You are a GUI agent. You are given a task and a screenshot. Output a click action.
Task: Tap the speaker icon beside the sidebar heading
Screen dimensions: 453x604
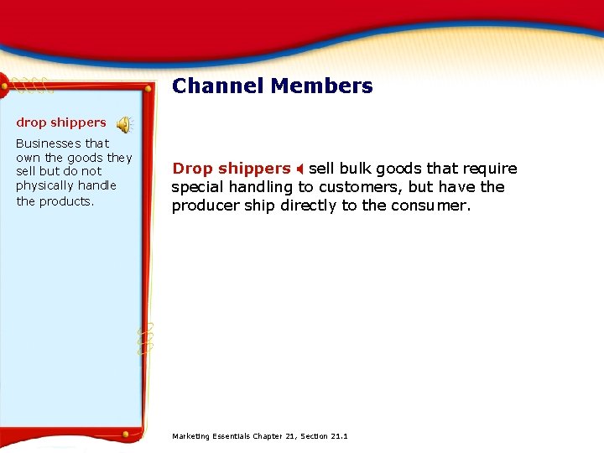pyautogui.click(x=124, y=125)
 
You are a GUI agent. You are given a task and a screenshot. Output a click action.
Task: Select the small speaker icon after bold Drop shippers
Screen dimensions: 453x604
pyautogui.click(x=299, y=169)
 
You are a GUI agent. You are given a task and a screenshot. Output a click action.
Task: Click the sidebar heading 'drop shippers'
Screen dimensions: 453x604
pyautogui.click(x=61, y=122)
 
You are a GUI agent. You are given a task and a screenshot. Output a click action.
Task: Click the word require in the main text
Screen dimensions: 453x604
pyautogui.click(x=491, y=169)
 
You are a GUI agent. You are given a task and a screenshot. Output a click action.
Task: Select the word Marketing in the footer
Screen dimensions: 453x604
pyautogui.click(x=190, y=436)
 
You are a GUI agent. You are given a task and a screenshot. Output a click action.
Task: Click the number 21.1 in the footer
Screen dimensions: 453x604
pyautogui.click(x=340, y=436)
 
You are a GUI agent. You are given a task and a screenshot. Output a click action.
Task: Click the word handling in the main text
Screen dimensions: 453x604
pyautogui.click(x=263, y=187)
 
